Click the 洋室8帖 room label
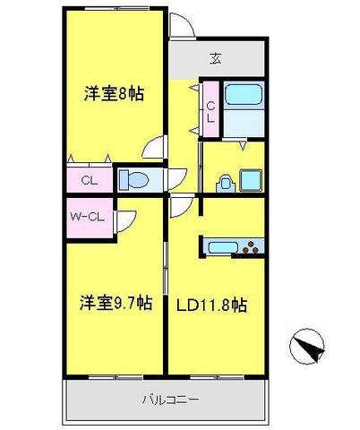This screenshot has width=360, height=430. pyautogui.click(x=114, y=93)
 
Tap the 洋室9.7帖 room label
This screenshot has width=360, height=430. pyautogui.click(x=116, y=303)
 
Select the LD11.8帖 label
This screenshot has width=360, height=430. pyautogui.click(x=211, y=305)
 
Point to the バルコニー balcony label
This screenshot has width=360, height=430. pyautogui.click(x=170, y=400)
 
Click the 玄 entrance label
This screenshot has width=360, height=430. pyautogui.click(x=216, y=58)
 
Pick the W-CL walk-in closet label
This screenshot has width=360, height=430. pyautogui.click(x=87, y=217)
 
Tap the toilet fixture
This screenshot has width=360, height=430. pyautogui.click(x=134, y=180)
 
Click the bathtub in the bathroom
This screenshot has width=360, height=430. pyautogui.click(x=244, y=95)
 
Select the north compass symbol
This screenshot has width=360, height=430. pyautogui.click(x=307, y=347)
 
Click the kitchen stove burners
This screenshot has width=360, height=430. pyautogui.click(x=251, y=247)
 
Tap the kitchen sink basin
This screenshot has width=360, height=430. pyautogui.click(x=223, y=247)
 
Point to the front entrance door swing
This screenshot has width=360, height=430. pyautogui.click(x=182, y=25)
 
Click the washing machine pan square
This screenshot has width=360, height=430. pyautogui.click(x=251, y=180)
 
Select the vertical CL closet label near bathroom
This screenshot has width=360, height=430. pyautogui.click(x=211, y=112)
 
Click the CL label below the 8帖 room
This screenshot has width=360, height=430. pyautogui.click(x=90, y=180)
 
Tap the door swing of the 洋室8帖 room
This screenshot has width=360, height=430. pyautogui.click(x=154, y=147)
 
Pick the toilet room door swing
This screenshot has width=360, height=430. pyautogui.click(x=177, y=179)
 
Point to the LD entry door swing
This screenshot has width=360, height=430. pyautogui.click(x=182, y=205)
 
